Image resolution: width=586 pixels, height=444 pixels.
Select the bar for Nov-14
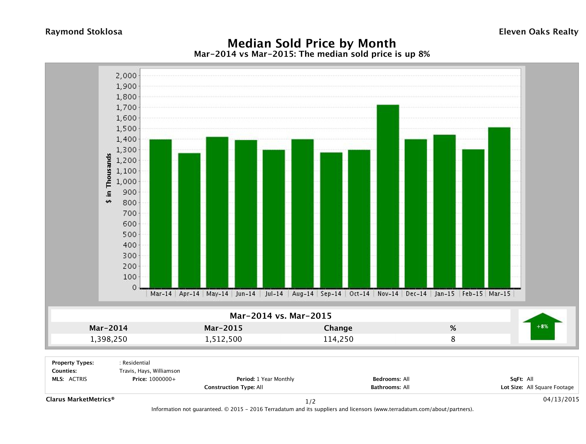tap(388, 196)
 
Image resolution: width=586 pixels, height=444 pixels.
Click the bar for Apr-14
tap(189, 220)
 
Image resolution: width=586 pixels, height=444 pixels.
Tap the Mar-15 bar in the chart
tap(499, 207)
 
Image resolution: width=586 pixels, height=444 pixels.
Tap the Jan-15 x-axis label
tap(444, 294)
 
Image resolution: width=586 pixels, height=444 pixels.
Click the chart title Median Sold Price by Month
tap(312, 43)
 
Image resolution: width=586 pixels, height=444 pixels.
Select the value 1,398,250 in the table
tap(109, 339)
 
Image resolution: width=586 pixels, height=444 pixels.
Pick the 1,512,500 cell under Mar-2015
tap(223, 339)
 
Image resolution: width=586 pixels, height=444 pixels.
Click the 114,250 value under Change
tap(338, 339)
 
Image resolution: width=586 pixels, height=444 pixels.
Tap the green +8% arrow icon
tap(542, 326)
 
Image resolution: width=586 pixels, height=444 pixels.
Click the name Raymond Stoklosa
tap(84, 32)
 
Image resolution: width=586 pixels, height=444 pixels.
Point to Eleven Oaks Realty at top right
tap(538, 32)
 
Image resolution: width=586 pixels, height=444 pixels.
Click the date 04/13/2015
tap(561, 399)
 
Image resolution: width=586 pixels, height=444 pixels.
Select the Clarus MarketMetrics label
tap(80, 399)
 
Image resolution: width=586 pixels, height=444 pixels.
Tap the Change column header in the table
tap(338, 328)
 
